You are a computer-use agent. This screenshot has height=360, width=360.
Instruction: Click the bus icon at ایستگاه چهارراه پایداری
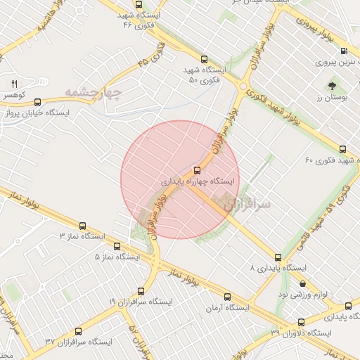[x=196, y=169]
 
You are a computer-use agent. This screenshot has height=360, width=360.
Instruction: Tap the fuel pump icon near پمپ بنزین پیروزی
[x=344, y=51]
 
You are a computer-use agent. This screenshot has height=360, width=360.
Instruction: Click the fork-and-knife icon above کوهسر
[x=14, y=83]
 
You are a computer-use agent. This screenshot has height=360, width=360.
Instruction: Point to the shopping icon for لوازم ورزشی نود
[x=302, y=284]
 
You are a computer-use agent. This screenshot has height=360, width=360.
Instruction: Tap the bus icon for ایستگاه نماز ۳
[x=83, y=226]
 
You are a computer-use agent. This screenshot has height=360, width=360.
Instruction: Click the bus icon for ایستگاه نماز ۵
[x=117, y=247]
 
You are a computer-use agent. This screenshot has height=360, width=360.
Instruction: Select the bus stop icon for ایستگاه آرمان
[x=226, y=297]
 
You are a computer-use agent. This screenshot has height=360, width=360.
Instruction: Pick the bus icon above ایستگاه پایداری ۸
[x=278, y=257]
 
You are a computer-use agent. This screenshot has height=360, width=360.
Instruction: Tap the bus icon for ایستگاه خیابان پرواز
[x=37, y=101]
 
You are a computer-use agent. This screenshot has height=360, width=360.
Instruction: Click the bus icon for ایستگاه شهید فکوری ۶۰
[x=342, y=149]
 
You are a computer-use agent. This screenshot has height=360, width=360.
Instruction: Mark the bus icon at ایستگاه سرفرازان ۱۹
[x=141, y=290]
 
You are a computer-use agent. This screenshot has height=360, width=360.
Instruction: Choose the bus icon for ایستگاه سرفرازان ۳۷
[x=77, y=330]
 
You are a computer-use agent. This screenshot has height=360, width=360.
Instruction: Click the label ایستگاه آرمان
[x=228, y=308]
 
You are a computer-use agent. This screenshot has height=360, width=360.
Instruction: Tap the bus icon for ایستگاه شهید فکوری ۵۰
[x=204, y=60]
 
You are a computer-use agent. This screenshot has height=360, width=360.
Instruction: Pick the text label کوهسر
[x=14, y=94]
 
